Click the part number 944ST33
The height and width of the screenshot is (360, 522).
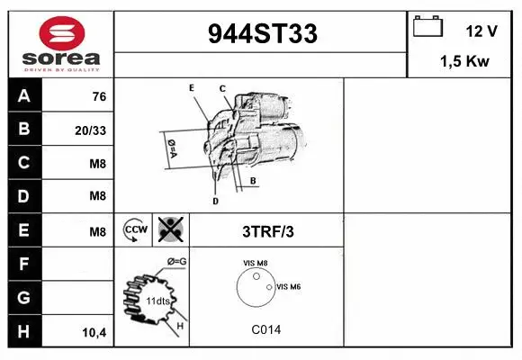[x=263, y=33]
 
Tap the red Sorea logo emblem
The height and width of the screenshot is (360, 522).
[x=62, y=33]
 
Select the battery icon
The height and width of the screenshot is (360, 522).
[x=427, y=26]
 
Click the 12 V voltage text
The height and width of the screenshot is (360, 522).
[x=481, y=31]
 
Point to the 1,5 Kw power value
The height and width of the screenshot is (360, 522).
[x=464, y=61]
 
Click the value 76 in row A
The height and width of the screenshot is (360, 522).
[x=99, y=96]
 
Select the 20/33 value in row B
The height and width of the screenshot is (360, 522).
[x=90, y=130]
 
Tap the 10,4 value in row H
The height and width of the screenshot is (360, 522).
[x=94, y=332]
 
